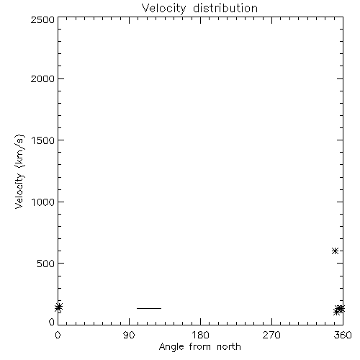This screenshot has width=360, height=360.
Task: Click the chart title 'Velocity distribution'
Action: (199, 8)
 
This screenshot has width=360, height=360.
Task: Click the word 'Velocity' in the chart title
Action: (163, 9)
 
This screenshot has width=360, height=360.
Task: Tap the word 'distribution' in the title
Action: (225, 8)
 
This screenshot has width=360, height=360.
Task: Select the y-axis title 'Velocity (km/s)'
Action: (19, 171)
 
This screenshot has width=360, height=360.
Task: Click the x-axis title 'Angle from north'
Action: (199, 347)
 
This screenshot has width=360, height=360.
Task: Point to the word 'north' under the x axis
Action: (229, 347)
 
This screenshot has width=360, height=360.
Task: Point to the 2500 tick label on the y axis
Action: (42, 19)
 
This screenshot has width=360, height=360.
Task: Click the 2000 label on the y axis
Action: (42, 78)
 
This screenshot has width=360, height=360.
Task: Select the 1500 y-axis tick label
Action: (43, 140)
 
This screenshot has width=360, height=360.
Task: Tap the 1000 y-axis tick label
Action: (43, 202)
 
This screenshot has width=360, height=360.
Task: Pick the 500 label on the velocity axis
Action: (46, 264)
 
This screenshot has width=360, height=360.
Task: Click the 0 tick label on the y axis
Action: (52, 322)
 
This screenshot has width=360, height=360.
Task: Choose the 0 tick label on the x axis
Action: (58, 335)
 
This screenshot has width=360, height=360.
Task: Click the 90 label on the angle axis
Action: (129, 335)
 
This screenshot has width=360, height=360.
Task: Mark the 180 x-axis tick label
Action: (200, 335)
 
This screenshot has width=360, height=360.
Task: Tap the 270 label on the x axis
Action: (271, 335)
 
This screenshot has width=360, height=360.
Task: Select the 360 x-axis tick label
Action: (343, 335)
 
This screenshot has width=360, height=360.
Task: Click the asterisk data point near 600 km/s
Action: (335, 251)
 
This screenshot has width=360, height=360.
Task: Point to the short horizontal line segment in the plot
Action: (149, 308)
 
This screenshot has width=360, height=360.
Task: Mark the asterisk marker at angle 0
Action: (58, 307)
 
